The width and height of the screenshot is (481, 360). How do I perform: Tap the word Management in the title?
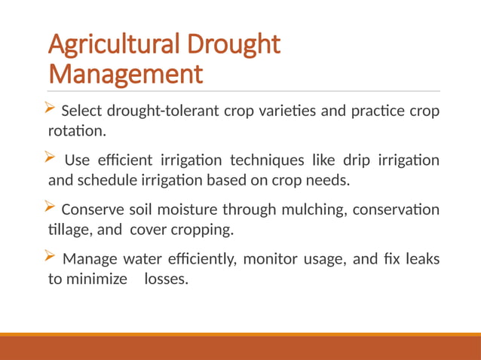coord(125,75)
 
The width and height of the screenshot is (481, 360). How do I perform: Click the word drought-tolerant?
coord(164,111)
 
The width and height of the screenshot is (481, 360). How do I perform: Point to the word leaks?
coord(421,260)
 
